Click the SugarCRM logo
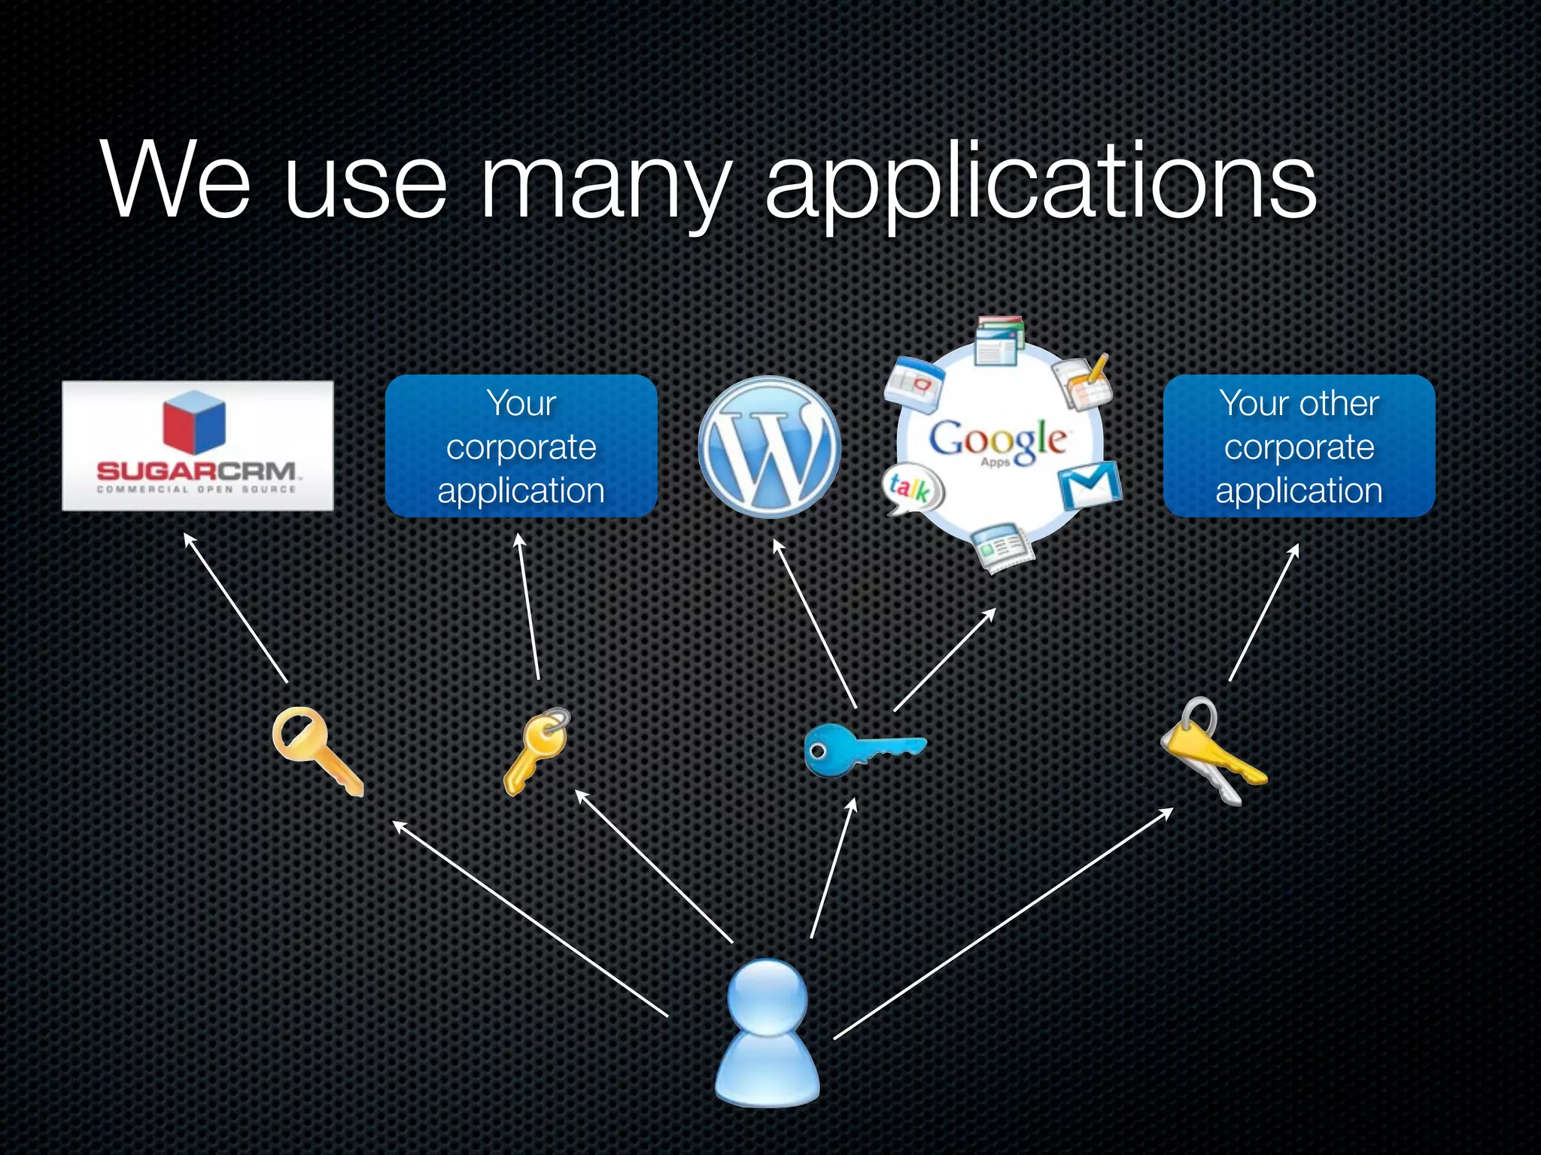197,446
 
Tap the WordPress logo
769,447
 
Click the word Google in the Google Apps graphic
998,439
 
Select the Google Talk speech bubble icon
911,490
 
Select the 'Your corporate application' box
521,446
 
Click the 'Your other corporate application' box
1299,446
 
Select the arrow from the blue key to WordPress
815,624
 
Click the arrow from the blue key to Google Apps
945,659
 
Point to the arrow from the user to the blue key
834,869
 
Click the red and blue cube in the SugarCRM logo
194,423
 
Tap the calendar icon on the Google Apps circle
915,383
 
